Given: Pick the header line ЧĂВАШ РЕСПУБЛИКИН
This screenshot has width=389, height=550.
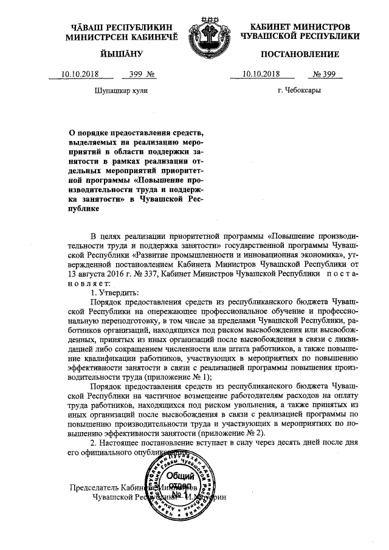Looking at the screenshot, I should click(119, 28).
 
